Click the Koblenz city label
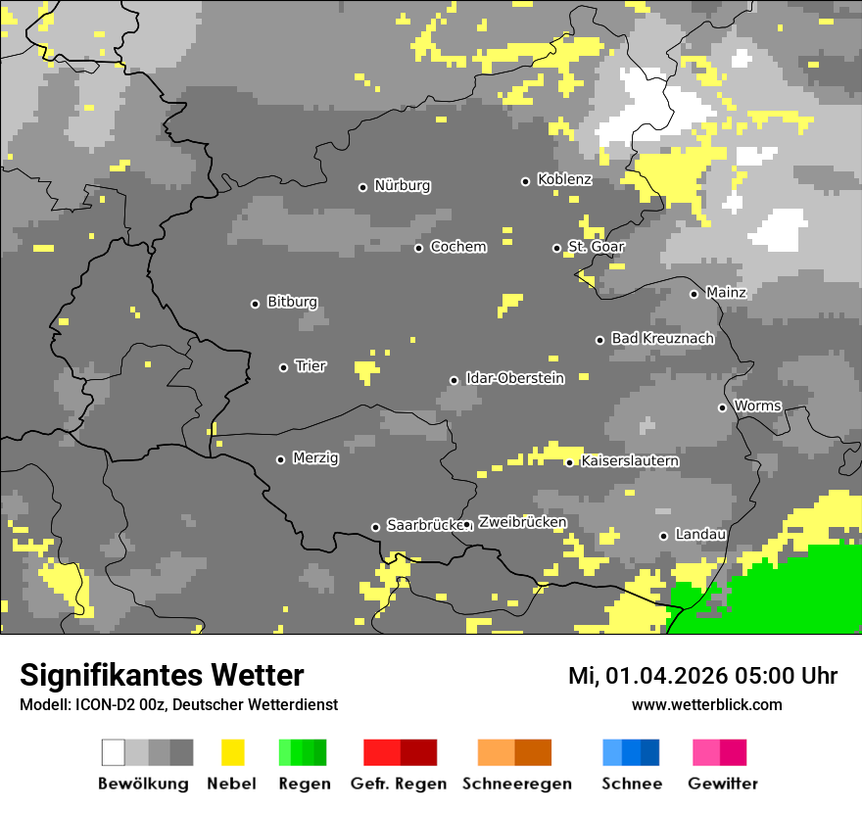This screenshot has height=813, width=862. pos(564,180)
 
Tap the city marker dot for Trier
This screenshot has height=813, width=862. pos(284,367)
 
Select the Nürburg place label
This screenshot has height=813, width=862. pos(402,186)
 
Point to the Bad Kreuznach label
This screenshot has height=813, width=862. pos(662,339)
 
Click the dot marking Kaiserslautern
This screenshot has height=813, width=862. pos(570,462)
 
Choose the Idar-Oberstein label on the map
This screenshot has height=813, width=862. pos(514,379)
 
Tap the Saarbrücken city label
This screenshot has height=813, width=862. pos(423,526)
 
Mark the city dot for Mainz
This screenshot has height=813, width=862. pos(694,294)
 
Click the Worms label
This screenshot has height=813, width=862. pos(757,406)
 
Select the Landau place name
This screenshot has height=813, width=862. pos(700,535)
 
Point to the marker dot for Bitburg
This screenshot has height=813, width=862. pos(256,304)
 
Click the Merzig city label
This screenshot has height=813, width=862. pos(315,458)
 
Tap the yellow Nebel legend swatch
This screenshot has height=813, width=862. pos(232,752)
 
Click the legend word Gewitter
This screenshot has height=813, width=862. pos(723,784)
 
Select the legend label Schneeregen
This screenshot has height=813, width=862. pos(516,784)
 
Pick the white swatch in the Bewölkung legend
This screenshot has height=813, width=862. pos(114,752)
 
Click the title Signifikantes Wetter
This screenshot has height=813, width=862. pos(162,676)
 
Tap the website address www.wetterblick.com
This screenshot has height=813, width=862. pos(706,705)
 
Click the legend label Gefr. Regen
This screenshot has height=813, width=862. pos(399,784)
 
